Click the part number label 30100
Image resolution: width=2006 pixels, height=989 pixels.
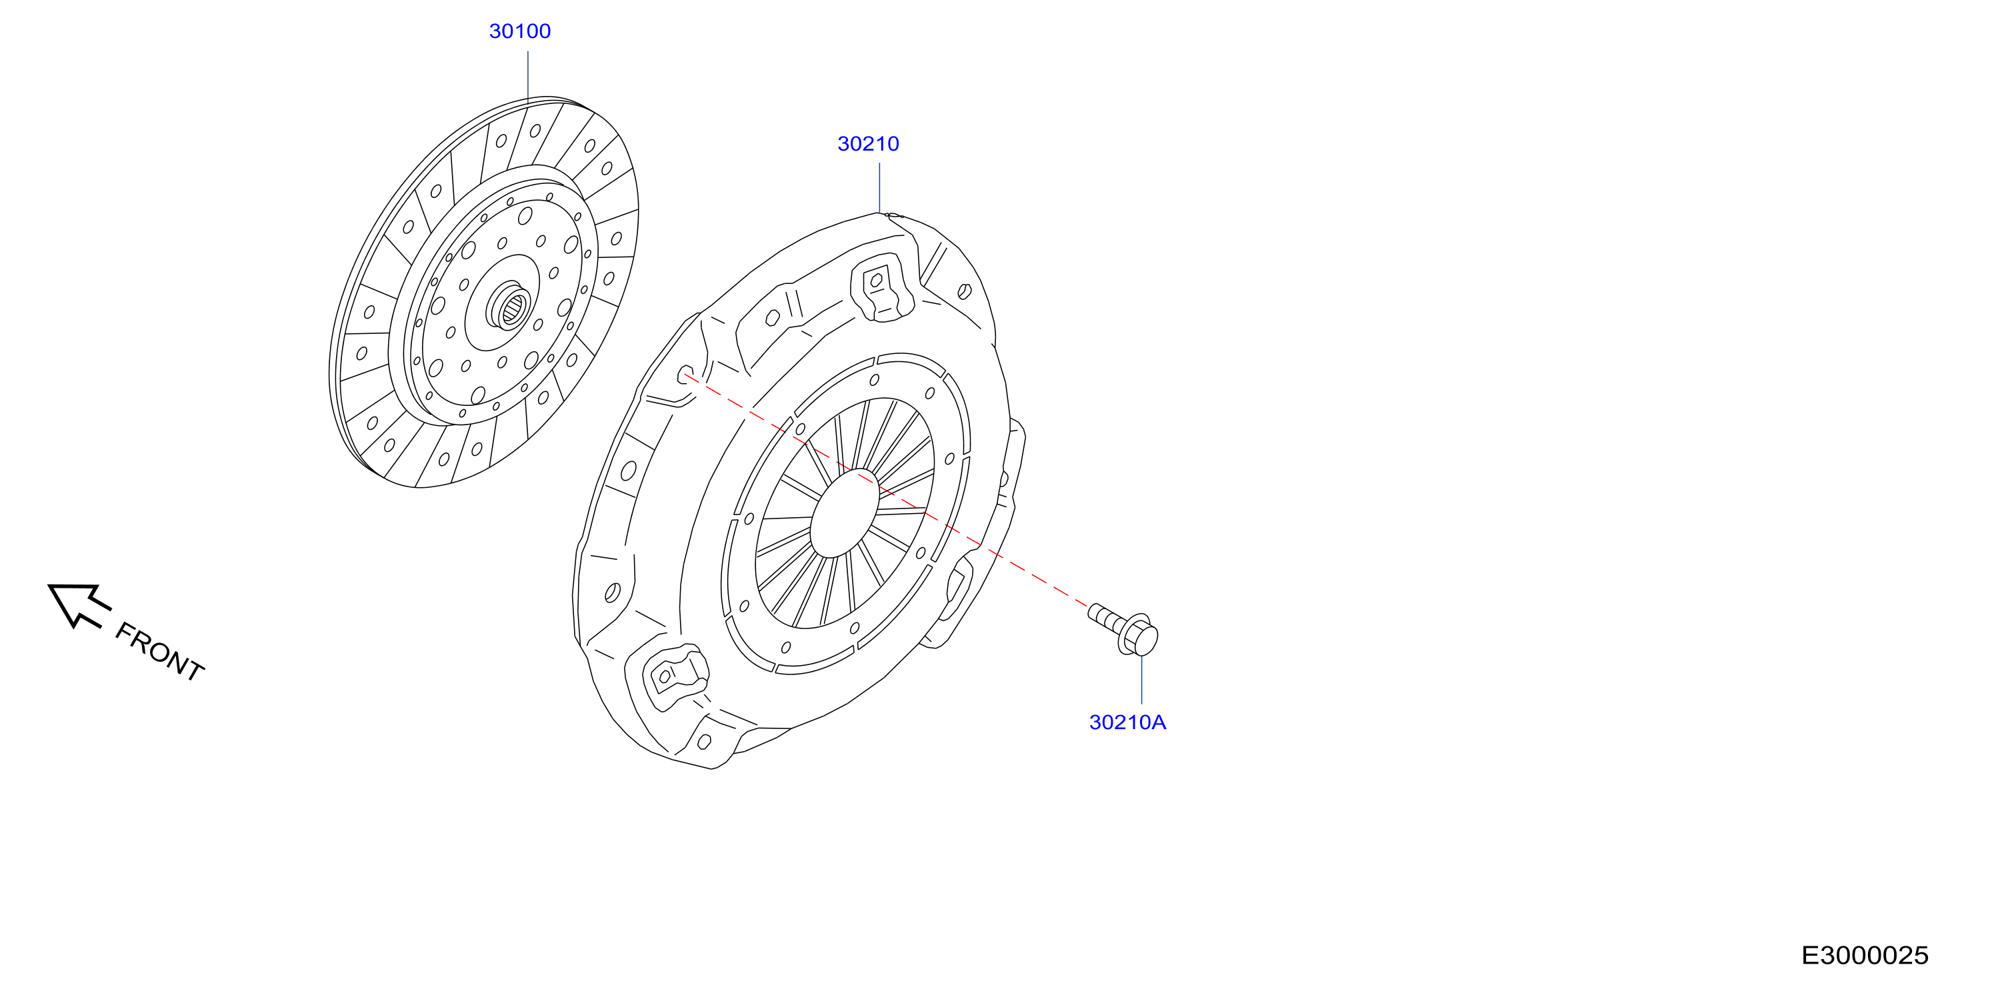[x=519, y=31]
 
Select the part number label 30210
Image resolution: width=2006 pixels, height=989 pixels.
[x=868, y=144]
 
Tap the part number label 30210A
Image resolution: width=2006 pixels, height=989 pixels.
[x=1127, y=722]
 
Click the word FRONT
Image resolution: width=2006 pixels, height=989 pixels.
[x=159, y=652]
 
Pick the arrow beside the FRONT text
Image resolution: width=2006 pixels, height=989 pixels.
[x=79, y=604]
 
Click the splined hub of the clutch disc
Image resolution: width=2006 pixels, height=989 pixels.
[x=510, y=305]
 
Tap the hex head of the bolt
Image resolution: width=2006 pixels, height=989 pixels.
[x=1139, y=634]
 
